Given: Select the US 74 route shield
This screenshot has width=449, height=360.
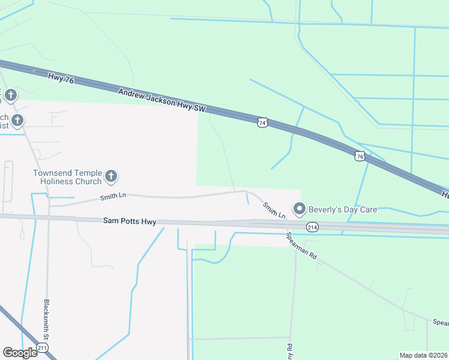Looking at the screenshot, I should tap(262, 122).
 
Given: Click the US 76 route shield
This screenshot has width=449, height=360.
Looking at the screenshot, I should tap(360, 155).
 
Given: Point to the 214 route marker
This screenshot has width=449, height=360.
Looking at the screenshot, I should tap(312, 227).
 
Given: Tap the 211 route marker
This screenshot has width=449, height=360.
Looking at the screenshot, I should tap(42, 348).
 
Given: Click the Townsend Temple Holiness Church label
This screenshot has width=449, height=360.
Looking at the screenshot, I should tap(67, 177).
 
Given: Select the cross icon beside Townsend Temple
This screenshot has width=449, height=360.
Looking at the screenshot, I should tap(110, 176).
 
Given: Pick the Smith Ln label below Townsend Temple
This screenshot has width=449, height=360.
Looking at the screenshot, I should tap(113, 196).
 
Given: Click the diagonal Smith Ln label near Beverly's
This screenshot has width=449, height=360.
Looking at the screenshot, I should tap(274, 210).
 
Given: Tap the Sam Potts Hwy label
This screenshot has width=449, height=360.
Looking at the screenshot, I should tap(130, 222).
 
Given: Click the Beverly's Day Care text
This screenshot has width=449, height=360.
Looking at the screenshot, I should tap(343, 209).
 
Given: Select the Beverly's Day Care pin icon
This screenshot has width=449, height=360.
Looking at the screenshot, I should tap(299, 209).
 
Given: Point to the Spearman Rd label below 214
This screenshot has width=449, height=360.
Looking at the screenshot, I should tap(301, 245).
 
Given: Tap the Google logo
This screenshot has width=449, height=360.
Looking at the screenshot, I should tap(20, 352).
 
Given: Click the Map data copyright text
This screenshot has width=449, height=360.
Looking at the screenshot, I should tap(423, 355).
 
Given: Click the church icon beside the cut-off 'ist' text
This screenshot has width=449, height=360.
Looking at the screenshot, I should tap(17, 121).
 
